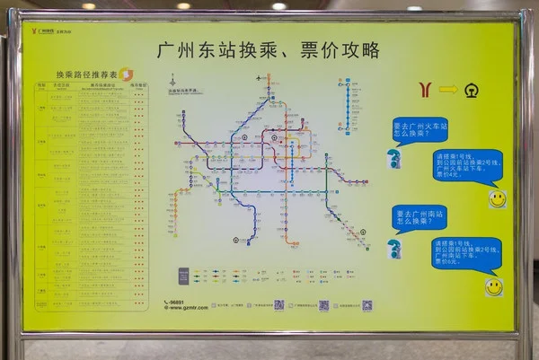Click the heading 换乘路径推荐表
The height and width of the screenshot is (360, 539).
tap(80, 74)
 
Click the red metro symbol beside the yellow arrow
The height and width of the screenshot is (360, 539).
tap(424, 89)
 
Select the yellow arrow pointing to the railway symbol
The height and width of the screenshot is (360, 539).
tap(448, 89)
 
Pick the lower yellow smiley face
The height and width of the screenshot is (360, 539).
tap(493, 286)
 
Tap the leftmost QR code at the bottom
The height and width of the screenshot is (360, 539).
tap(279, 304)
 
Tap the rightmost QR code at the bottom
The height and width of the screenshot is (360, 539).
tap(367, 304)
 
